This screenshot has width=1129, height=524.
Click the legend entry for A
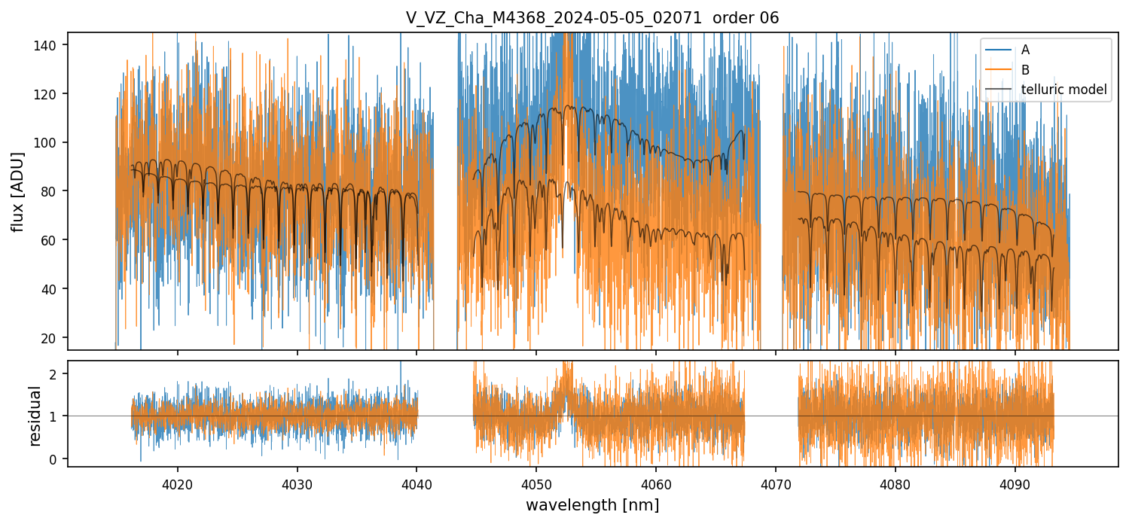point(1025,50)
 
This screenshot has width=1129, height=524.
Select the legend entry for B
point(1025,70)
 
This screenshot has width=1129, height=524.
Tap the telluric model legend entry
point(1063,90)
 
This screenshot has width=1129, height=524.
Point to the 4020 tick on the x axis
point(178,482)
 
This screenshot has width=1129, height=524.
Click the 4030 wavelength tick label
point(297,482)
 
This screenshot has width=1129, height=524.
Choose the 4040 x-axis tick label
point(417,482)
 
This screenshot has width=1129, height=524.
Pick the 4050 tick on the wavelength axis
point(536,482)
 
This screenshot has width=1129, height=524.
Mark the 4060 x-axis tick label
point(655,482)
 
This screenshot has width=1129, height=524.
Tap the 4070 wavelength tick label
point(775,482)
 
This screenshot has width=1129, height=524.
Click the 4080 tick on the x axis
point(895,482)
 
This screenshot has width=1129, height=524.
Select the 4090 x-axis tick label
point(1015,482)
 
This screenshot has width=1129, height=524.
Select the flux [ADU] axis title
point(17,191)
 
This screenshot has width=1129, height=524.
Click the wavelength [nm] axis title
point(592,504)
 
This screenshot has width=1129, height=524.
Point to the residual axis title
point(35,416)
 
